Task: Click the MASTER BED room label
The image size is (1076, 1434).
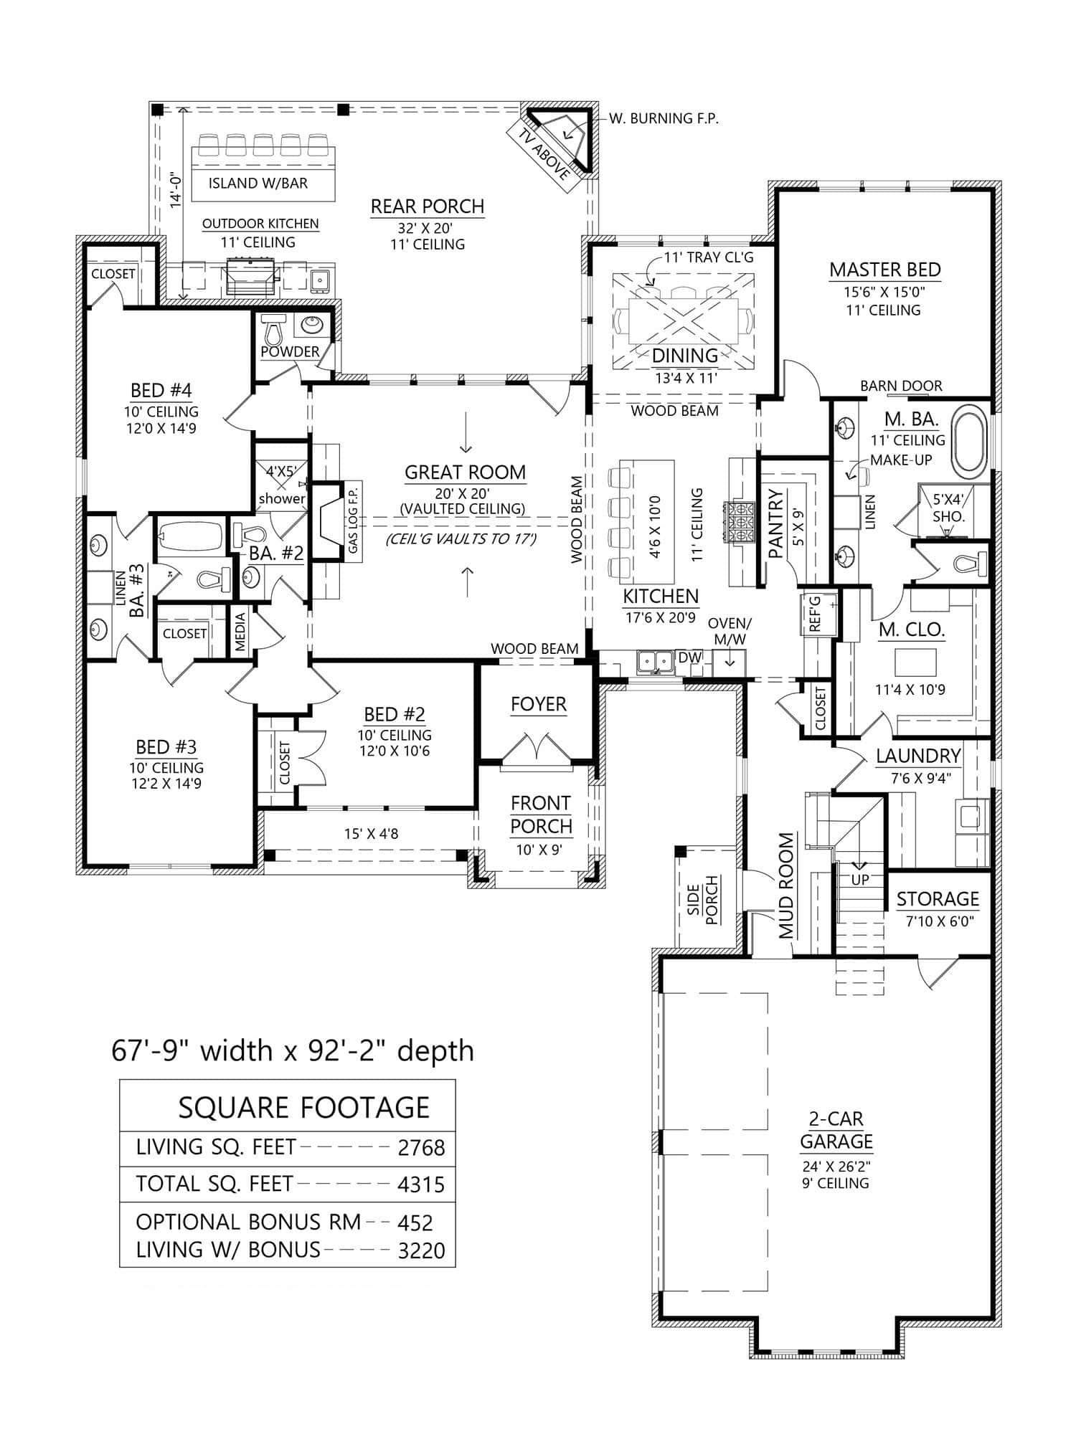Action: point(884,270)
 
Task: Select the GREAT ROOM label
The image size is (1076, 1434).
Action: point(465,473)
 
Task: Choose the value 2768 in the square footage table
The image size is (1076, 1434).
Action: point(421,1148)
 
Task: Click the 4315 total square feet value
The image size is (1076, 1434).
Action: point(421,1184)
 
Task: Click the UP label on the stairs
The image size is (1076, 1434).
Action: point(860,879)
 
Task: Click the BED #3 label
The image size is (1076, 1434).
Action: point(166,747)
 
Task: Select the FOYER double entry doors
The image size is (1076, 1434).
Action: point(537,749)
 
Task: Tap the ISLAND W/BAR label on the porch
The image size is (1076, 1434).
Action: point(258,184)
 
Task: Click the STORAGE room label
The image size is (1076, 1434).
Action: point(937,899)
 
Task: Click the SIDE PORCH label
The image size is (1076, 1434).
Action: point(702,900)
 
